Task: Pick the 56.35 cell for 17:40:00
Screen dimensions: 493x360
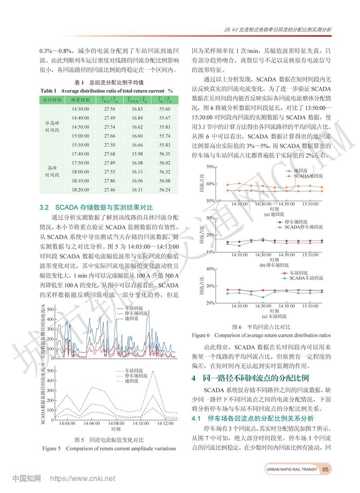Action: point(165,154)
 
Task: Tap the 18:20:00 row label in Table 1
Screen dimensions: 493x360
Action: point(80,190)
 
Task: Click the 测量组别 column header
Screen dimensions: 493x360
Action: point(80,100)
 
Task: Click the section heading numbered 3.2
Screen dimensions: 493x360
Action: point(96,208)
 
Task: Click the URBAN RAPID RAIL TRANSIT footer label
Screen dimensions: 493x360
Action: point(292,470)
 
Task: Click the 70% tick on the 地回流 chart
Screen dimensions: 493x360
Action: point(210,167)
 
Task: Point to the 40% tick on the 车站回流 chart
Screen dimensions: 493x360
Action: point(210,269)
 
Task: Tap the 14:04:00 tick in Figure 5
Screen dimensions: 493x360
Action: point(67,424)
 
